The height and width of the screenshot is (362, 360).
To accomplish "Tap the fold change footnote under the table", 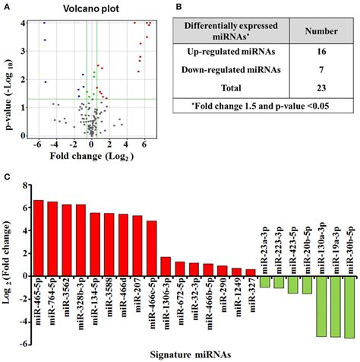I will click(263, 105).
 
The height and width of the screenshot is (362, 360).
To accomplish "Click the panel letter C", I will click(6, 178).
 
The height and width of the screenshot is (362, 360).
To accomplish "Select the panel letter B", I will click(178, 7).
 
